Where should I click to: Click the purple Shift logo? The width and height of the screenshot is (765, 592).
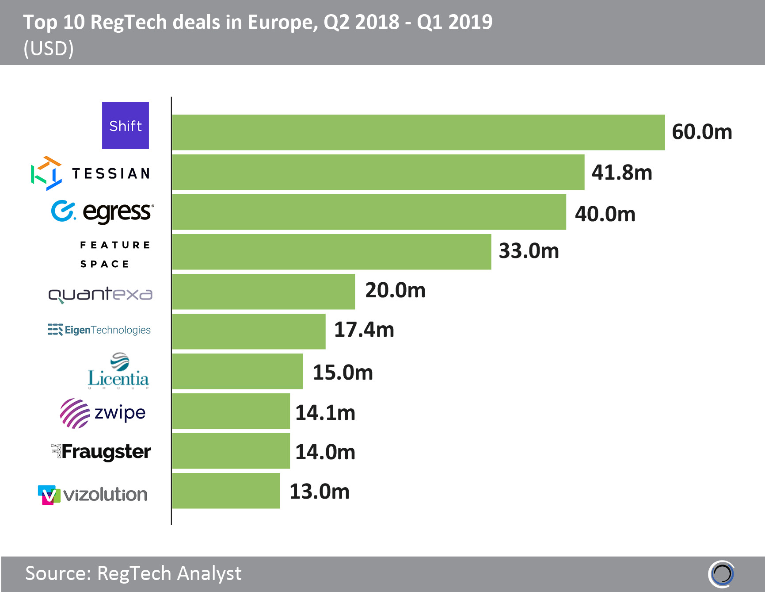[x=126, y=126]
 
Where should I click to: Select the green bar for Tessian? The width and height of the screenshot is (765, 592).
[x=378, y=172]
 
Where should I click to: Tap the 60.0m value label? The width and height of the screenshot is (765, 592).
[x=702, y=132]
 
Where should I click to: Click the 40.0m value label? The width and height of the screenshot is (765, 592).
[x=605, y=214]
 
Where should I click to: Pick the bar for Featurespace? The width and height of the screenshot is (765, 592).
[x=331, y=252]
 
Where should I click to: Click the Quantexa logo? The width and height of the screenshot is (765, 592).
[x=100, y=294]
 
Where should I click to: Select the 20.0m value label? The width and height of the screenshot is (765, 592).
[x=395, y=290]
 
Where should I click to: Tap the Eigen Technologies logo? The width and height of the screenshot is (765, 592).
[x=99, y=330]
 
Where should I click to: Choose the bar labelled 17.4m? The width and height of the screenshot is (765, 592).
[x=249, y=331]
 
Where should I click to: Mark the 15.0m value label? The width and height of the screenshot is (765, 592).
[x=343, y=373]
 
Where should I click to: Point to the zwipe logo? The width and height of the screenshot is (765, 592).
[x=103, y=413]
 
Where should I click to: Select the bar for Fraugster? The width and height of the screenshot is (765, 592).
[x=231, y=451]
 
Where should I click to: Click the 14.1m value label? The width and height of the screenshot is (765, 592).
[x=325, y=413]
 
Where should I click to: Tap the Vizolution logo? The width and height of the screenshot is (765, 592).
[x=93, y=494]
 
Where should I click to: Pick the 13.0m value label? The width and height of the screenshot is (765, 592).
[x=320, y=492]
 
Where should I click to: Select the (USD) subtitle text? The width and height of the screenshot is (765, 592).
[x=49, y=48]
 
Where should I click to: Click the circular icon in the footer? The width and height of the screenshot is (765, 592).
[x=722, y=574]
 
